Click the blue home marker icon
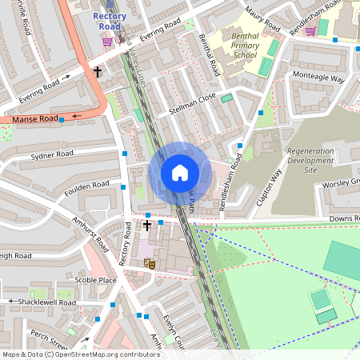click(x=180, y=173)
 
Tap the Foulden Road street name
click(x=87, y=186)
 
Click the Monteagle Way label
click(x=318, y=79)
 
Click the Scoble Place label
click(x=95, y=280)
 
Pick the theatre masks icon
click(x=148, y=262)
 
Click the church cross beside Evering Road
click(x=98, y=72)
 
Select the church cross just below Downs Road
click(x=147, y=226)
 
